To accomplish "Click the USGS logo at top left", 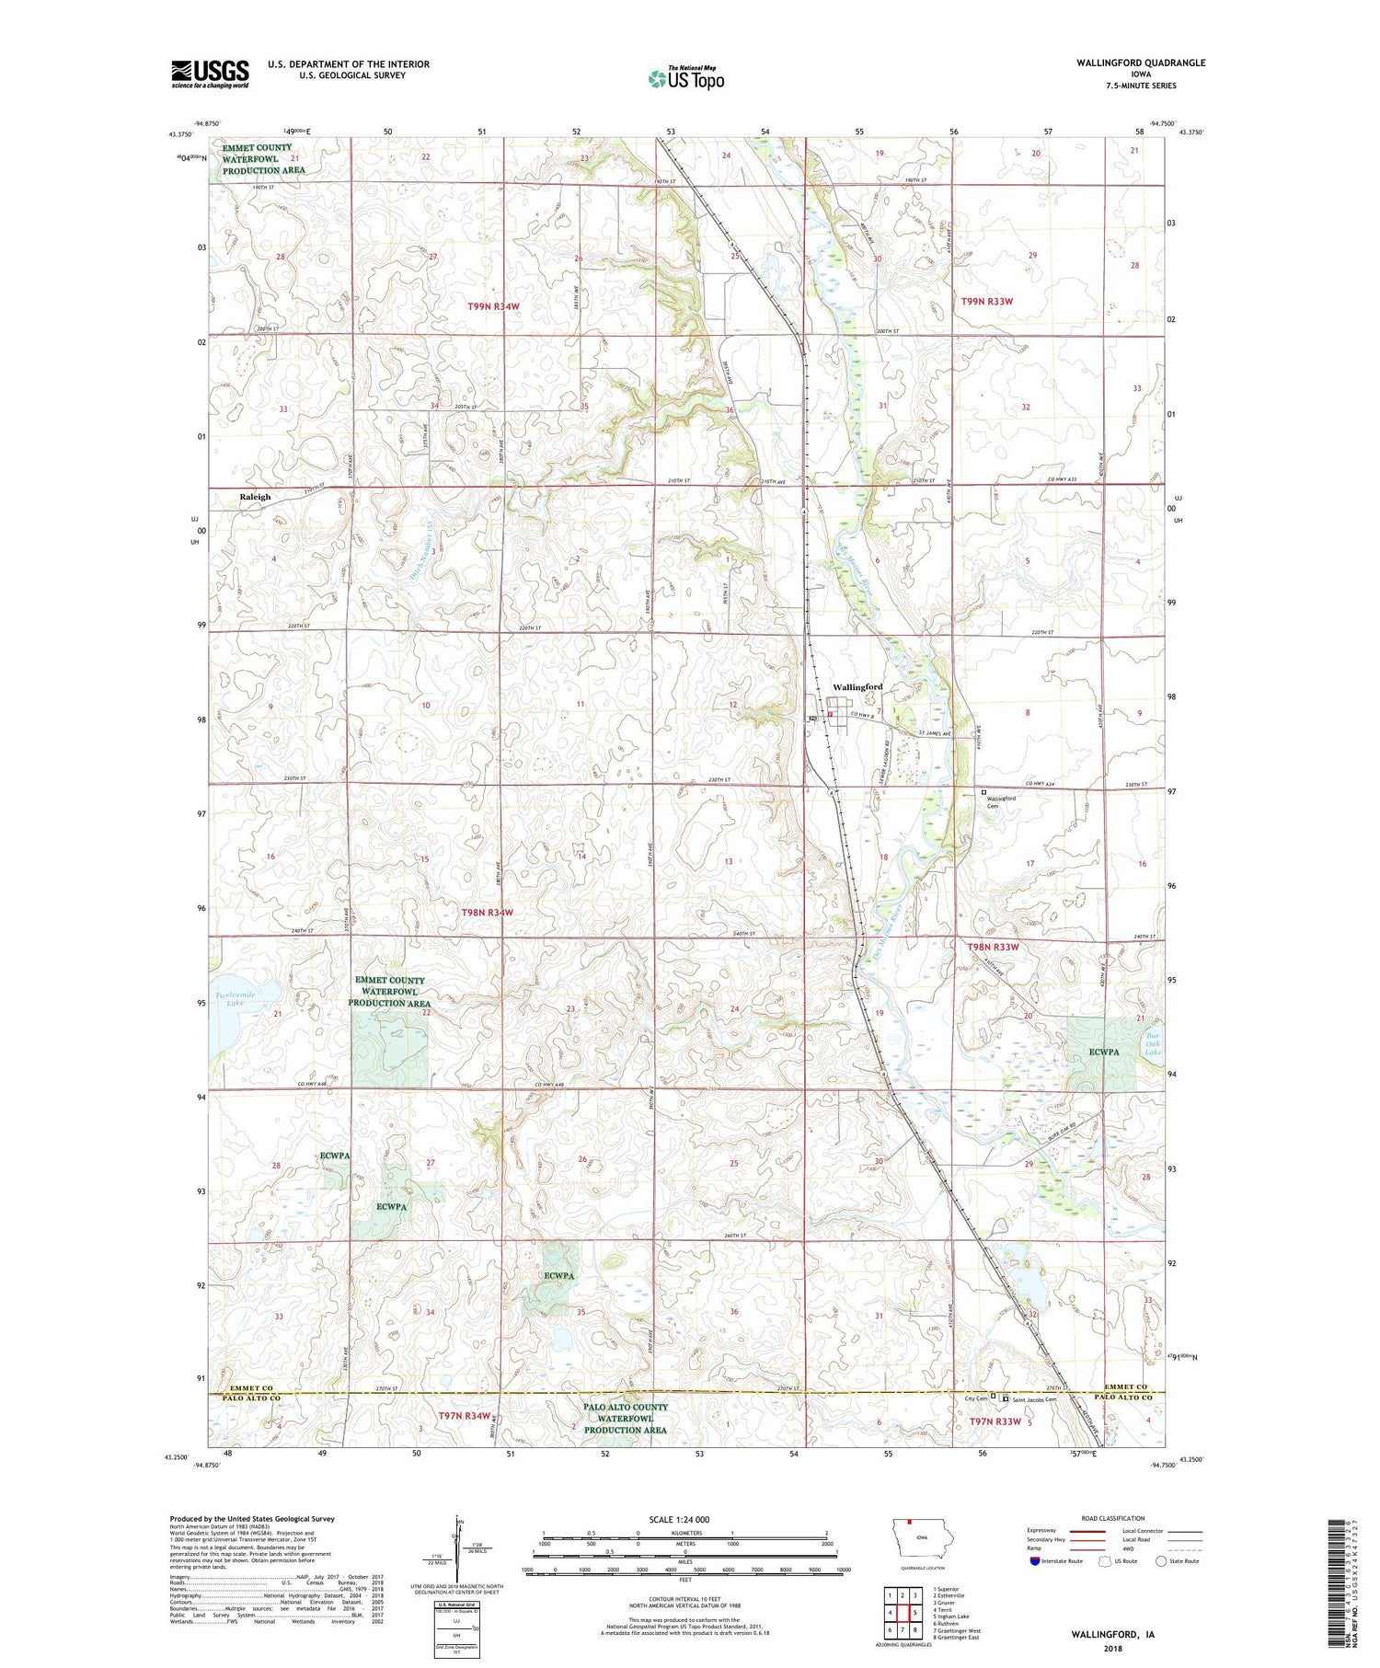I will coord(210,74).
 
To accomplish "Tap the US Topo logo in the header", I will coord(685,79).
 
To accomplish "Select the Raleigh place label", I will coord(255,497).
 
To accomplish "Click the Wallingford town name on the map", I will coord(857,687).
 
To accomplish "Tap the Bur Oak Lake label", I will coord(1153,1043).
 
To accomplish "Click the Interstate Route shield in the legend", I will coord(1035,1561).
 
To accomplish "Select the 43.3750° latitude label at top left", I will coord(181,135).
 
